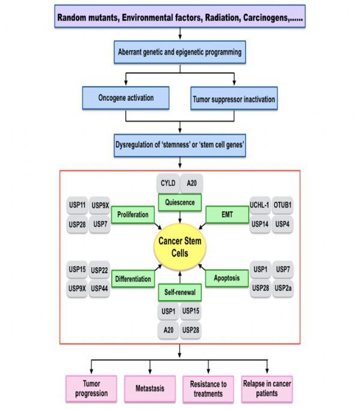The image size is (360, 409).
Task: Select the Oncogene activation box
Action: [x=126, y=97]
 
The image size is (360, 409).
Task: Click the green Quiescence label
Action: [x=179, y=202]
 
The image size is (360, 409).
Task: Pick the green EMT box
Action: [x=227, y=214]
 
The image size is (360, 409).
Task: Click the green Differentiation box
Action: [x=133, y=278]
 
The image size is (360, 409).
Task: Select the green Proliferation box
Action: [x=133, y=214]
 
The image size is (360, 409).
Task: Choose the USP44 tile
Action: [x=100, y=288]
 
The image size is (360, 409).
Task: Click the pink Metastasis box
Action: [x=150, y=389]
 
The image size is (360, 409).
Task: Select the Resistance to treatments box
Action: [x=209, y=389]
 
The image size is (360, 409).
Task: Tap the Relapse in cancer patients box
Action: [x=268, y=389]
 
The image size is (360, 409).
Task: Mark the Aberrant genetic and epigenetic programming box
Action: [x=179, y=52]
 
